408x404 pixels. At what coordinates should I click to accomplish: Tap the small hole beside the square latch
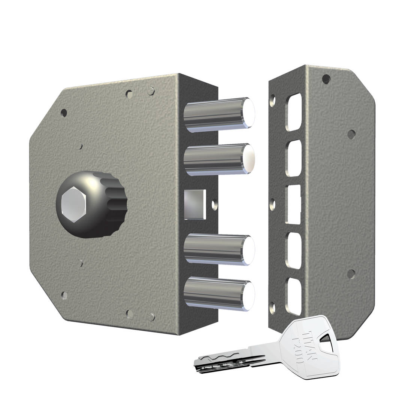click(214, 205)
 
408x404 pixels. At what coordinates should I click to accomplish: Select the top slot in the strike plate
click(293, 112)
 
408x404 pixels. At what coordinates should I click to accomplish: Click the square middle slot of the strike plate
click(293, 204)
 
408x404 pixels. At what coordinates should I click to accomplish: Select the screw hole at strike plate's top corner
click(326, 79)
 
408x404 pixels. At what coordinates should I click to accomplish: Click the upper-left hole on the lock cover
click(64, 112)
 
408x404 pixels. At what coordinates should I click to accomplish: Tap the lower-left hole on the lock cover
click(64, 295)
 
